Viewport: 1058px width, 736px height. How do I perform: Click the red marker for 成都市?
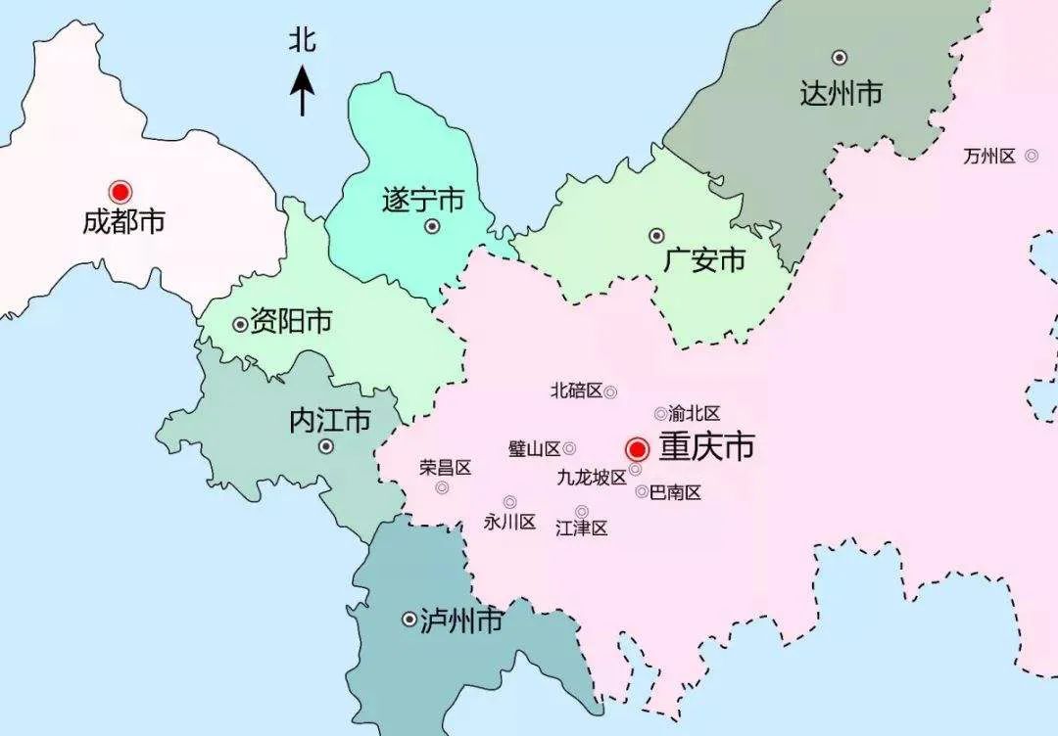[120, 192]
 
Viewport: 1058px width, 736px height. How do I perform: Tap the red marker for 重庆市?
[637, 449]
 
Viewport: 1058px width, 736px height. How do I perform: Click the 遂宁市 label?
[421, 202]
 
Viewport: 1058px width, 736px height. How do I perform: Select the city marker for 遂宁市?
[432, 227]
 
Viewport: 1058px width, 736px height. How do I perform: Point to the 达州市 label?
[841, 94]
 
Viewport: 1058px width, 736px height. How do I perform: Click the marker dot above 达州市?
[840, 58]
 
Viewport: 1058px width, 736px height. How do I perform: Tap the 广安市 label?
[703, 260]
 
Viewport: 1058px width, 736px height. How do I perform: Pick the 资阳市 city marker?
[240, 324]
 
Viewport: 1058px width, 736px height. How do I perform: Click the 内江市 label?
[330, 421]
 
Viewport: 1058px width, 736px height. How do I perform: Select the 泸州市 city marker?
[409, 620]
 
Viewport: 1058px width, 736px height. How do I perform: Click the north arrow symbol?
[303, 90]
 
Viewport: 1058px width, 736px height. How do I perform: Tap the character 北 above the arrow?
[303, 41]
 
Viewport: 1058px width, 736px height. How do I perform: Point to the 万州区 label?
[989, 156]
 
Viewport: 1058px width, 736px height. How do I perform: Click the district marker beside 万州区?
[1031, 155]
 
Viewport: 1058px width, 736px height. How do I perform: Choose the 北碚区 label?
[576, 391]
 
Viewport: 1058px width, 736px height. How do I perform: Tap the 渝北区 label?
[695, 414]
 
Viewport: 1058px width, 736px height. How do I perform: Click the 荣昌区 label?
[446, 467]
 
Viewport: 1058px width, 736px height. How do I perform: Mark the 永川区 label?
[509, 522]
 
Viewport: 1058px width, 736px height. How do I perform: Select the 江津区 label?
[582, 529]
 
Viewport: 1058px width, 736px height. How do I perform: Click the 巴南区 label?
[676, 492]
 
